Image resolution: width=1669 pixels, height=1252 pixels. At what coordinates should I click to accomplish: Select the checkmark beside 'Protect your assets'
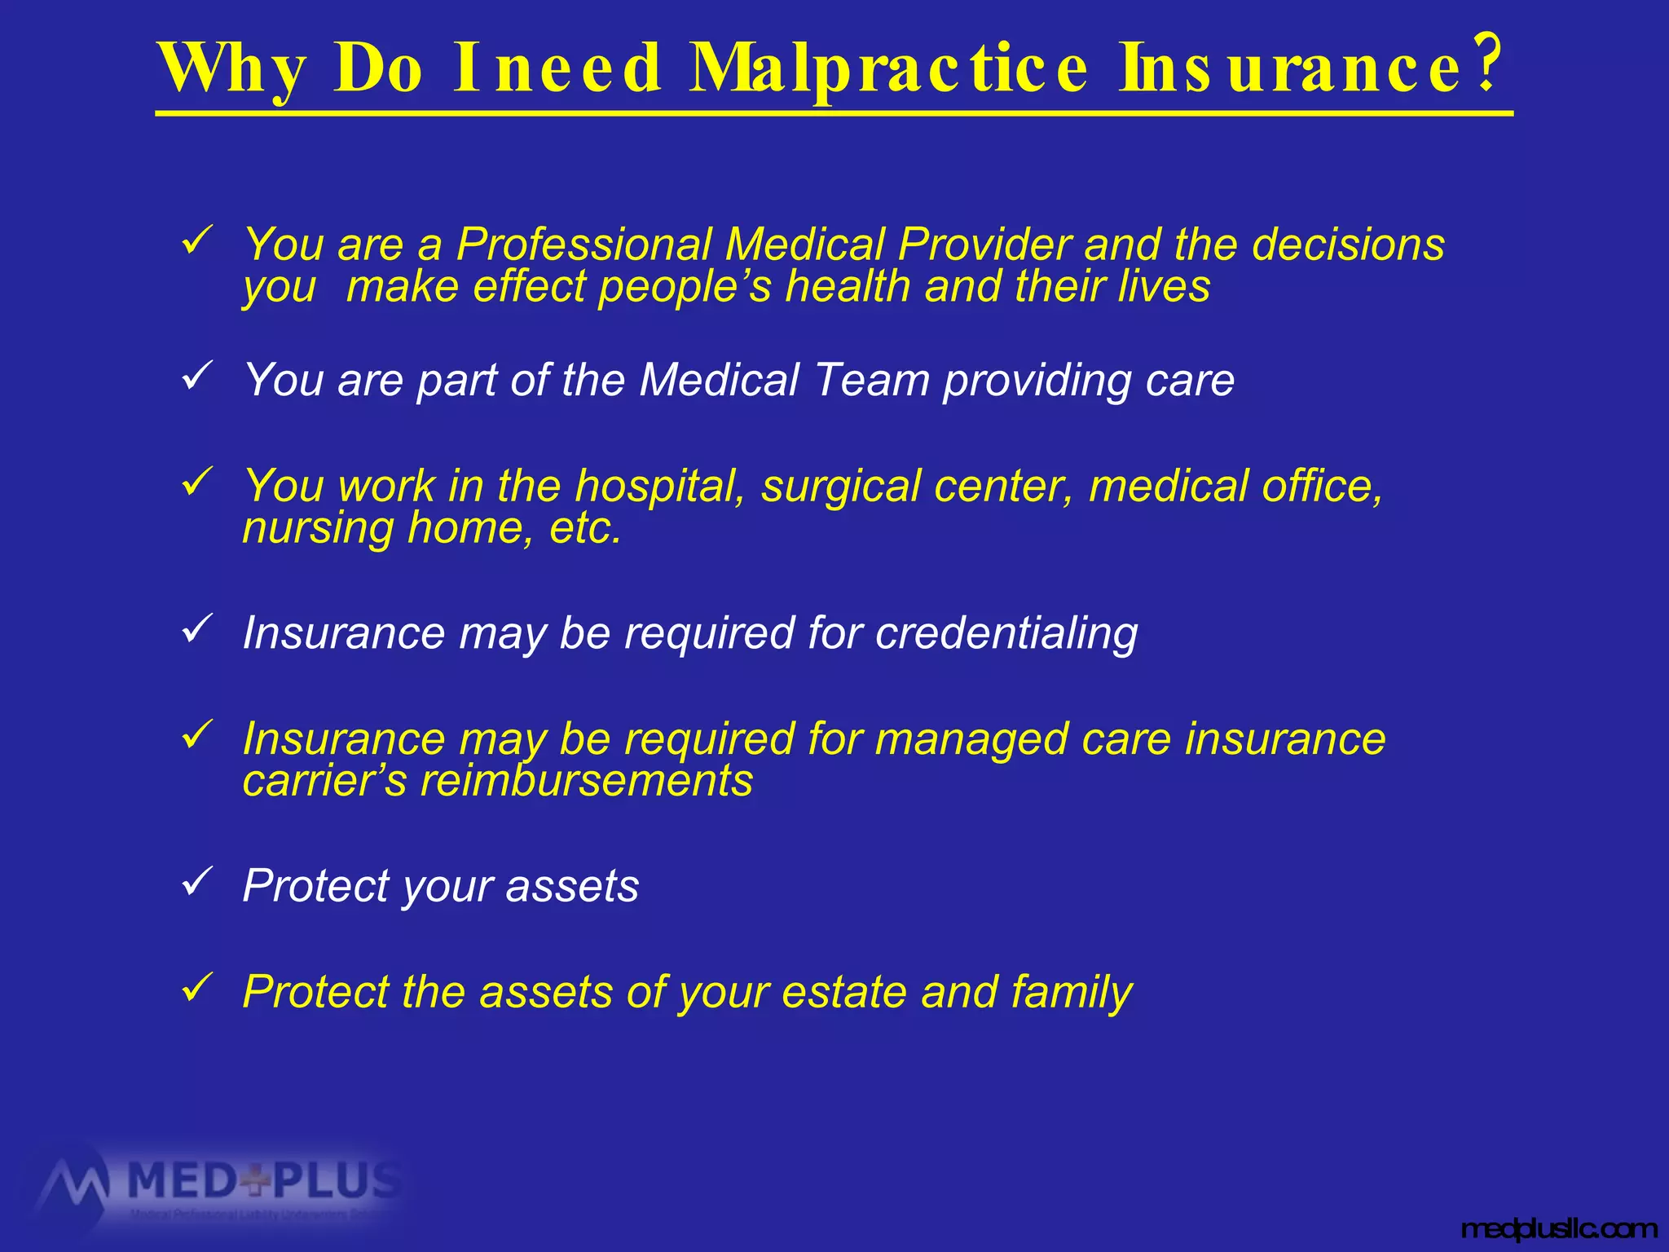point(197,883)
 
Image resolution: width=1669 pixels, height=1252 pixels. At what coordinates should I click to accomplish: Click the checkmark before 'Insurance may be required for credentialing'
point(197,630)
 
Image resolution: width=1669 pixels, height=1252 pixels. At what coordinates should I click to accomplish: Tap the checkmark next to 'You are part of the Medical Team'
point(197,377)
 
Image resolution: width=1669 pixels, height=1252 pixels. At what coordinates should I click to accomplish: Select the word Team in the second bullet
point(872,380)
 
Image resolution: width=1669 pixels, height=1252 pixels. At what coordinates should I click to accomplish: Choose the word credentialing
point(1006,634)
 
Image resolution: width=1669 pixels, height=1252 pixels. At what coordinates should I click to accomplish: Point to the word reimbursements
point(587,781)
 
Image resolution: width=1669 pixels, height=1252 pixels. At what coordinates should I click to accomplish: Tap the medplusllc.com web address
point(1559,1228)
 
